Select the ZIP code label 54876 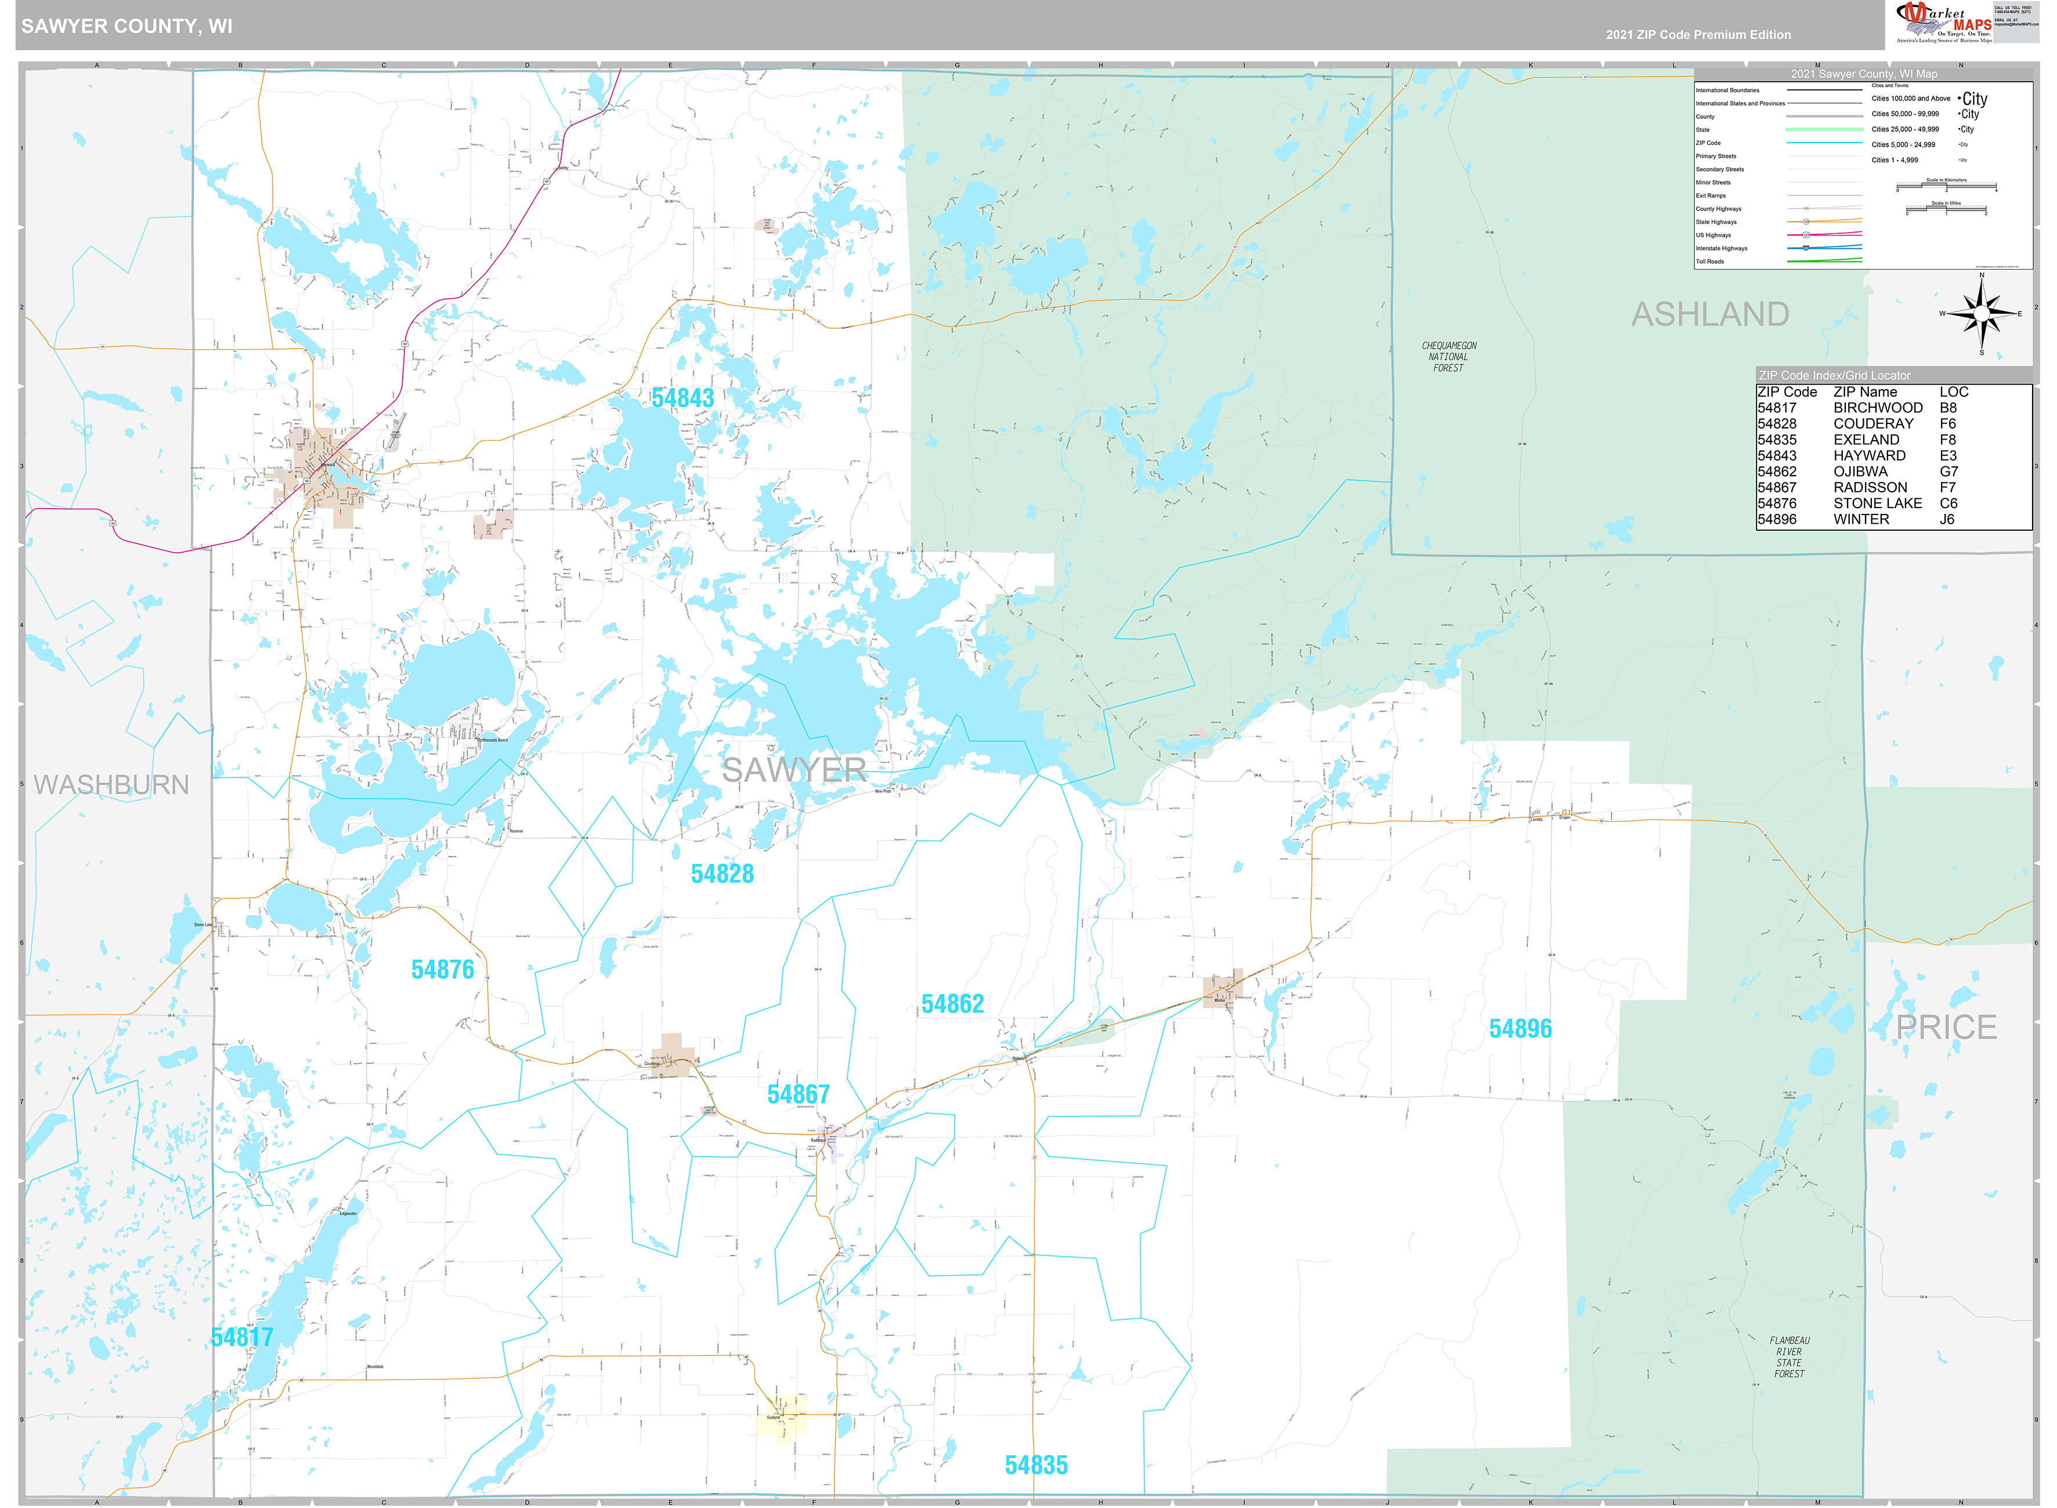pos(442,969)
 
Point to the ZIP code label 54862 pos(952,1004)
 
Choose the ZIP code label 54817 pos(242,1337)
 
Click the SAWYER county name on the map pos(793,770)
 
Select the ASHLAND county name pos(1709,314)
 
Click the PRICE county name pos(1946,1028)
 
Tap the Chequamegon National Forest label pos(1448,357)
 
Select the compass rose pos(1980,314)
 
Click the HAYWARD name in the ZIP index pos(1869,455)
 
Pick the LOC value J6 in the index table pos(1947,520)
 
